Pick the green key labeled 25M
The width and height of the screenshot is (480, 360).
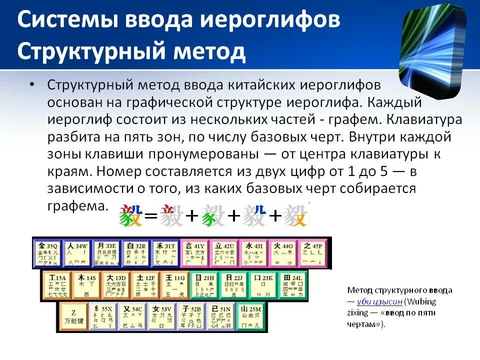click(251, 316)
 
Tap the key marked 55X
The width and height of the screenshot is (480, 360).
click(103, 316)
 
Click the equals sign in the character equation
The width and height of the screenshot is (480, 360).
click(151, 216)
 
